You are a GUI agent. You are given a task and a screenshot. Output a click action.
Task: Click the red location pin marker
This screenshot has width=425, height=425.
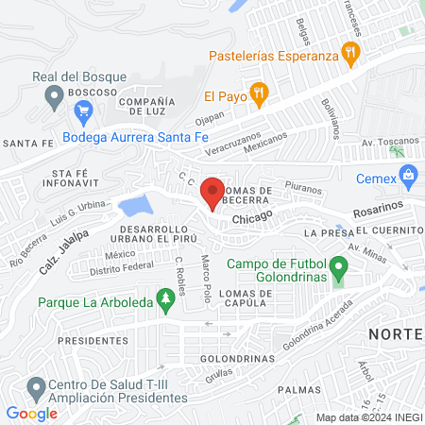click(x=212, y=194)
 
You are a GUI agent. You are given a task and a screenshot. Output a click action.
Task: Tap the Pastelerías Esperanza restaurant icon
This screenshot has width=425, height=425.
click(x=351, y=55)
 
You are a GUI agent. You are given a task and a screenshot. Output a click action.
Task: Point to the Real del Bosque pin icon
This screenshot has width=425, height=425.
click(x=54, y=94)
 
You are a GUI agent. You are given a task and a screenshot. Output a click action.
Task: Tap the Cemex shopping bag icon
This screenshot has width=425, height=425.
click(x=408, y=174)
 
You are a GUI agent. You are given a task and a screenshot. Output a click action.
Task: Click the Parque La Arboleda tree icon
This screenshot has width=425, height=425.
click(x=166, y=302)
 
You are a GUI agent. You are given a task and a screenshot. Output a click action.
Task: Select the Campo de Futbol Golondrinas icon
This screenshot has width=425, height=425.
click(x=338, y=280)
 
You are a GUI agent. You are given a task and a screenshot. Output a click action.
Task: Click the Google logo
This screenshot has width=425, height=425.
click(x=32, y=414)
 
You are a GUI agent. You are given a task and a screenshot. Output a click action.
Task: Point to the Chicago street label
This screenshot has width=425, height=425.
click(x=252, y=217)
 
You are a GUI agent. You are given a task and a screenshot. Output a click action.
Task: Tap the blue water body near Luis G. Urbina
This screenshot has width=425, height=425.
click(x=135, y=205)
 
